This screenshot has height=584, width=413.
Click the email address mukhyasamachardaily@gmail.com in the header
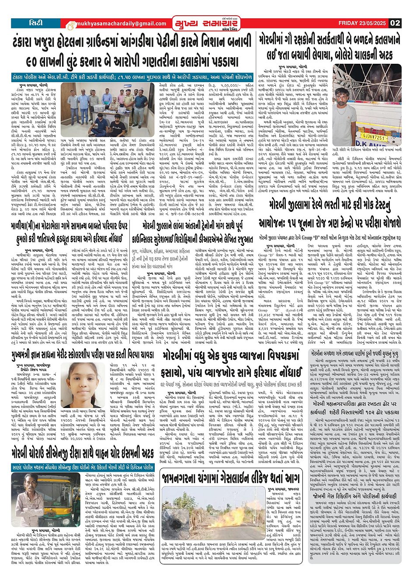click(x=111, y=24)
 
